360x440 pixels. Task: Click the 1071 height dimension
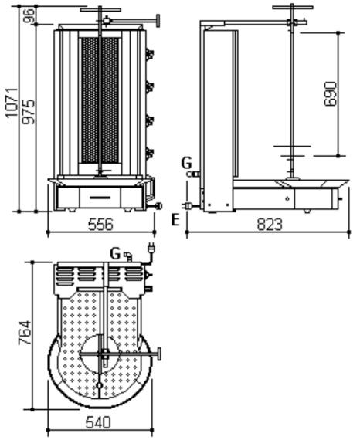coord(12,103)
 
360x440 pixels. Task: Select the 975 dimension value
coord(29,111)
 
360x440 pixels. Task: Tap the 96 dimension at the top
coord(29,15)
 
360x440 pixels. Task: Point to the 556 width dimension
coord(100,224)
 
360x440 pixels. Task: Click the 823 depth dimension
coord(270,224)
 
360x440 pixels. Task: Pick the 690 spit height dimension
coord(330,94)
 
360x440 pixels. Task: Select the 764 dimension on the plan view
coord(25,333)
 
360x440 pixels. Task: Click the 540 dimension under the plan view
coord(98,422)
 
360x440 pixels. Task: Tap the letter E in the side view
coord(175,220)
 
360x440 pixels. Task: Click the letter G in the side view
coord(186,163)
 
